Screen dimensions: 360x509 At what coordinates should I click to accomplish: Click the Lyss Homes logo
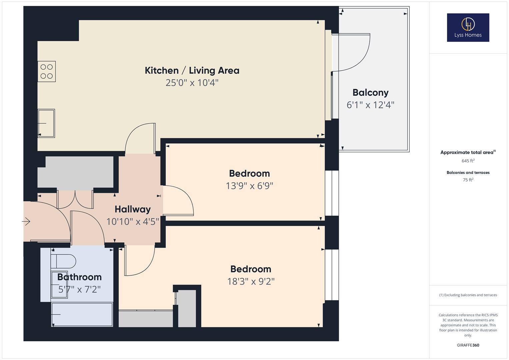click(468, 27)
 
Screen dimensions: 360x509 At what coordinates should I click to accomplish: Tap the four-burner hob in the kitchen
click(47, 71)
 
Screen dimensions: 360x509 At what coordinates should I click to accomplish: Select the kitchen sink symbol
click(46, 123)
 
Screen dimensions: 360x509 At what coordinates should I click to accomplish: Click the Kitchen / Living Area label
click(192, 71)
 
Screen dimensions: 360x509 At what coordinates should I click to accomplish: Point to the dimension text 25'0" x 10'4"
click(192, 83)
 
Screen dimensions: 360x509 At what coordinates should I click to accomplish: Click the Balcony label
click(370, 93)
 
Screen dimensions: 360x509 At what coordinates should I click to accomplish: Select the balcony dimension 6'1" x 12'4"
click(370, 105)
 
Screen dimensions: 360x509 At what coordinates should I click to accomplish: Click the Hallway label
click(133, 209)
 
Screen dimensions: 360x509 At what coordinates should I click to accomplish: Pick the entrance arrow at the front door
click(26, 221)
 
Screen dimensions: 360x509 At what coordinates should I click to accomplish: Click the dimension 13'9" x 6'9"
click(249, 186)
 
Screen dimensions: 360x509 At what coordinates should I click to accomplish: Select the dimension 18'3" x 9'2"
click(251, 281)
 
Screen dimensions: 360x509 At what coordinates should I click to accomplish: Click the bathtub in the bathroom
click(82, 314)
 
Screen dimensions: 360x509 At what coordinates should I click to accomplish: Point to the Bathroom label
click(79, 277)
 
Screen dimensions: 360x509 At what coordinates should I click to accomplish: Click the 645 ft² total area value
click(468, 161)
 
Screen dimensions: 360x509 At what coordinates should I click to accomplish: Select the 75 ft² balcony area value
click(468, 180)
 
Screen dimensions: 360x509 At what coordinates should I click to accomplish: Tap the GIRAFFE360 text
click(468, 345)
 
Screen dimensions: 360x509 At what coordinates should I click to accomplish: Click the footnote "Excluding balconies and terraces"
click(468, 295)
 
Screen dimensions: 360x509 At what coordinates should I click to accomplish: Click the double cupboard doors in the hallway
click(75, 199)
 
